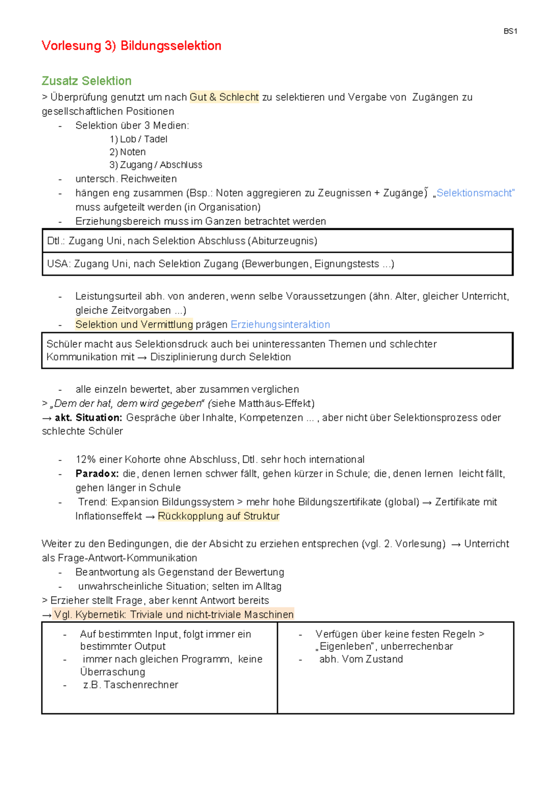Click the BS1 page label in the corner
point(510,31)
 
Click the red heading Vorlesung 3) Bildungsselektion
point(131,46)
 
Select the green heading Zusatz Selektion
point(87,81)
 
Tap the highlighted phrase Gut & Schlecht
point(224,97)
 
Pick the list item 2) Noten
point(128,152)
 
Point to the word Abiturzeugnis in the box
point(284,241)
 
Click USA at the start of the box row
point(58,264)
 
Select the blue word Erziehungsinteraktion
point(280,324)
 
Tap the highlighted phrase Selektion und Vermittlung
point(134,324)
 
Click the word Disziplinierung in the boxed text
point(190,357)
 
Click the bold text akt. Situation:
point(89,418)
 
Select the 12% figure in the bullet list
point(86,459)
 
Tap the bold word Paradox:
point(97,474)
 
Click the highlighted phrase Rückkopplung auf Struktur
point(218,516)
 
